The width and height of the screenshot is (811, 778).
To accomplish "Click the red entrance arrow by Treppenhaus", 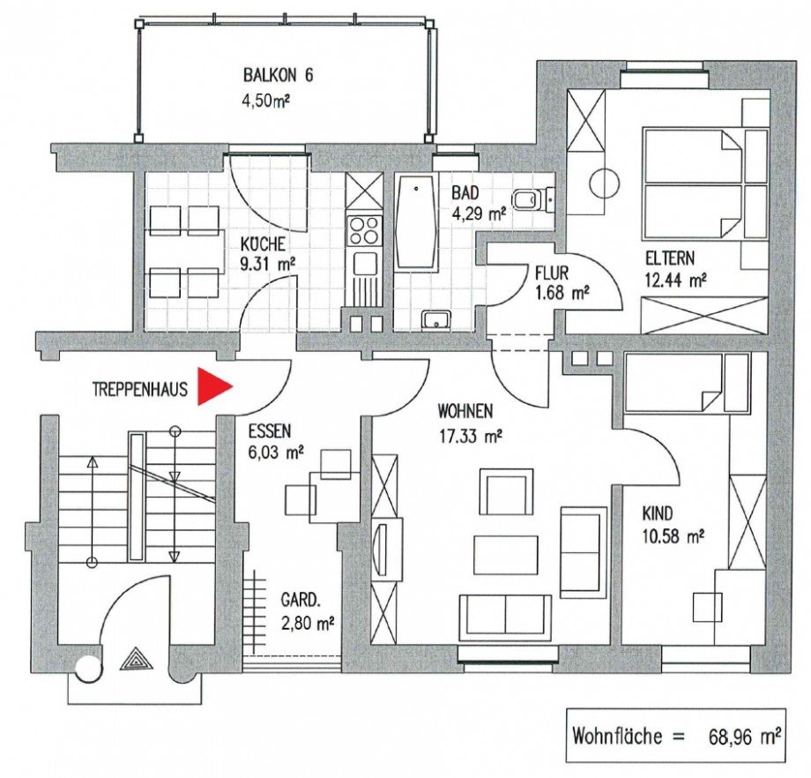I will click(212, 386).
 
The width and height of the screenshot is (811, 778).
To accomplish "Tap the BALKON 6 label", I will click(278, 76).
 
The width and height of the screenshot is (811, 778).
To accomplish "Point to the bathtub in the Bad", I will click(414, 224).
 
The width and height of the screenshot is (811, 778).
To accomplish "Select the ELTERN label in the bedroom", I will click(669, 259).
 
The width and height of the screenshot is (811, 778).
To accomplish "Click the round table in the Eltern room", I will click(605, 183).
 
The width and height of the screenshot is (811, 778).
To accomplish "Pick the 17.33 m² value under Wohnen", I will click(470, 434).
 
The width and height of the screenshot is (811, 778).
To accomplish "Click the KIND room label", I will click(657, 512).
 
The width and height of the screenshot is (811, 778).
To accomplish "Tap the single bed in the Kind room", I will click(686, 383).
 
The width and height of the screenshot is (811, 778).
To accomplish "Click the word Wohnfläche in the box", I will click(617, 734).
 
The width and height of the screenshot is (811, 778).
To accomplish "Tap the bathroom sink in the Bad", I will click(435, 319).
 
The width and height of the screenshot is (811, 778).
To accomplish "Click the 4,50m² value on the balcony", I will click(266, 101).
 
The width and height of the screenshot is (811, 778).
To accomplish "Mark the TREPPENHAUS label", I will click(139, 388).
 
